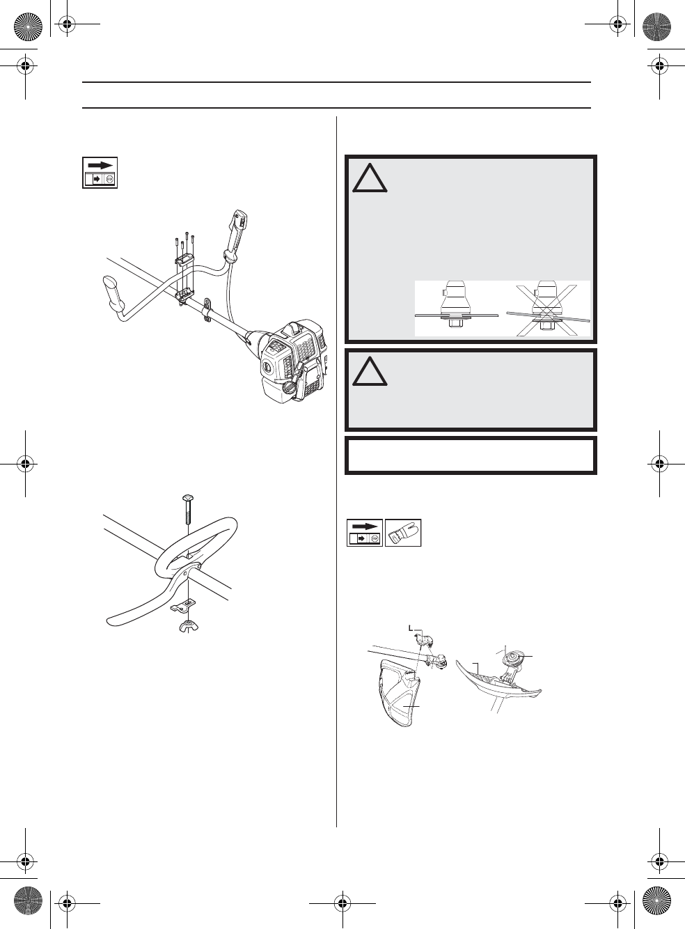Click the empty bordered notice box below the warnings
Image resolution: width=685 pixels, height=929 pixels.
[471, 455]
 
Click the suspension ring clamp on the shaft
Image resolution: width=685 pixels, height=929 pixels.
[207, 307]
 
